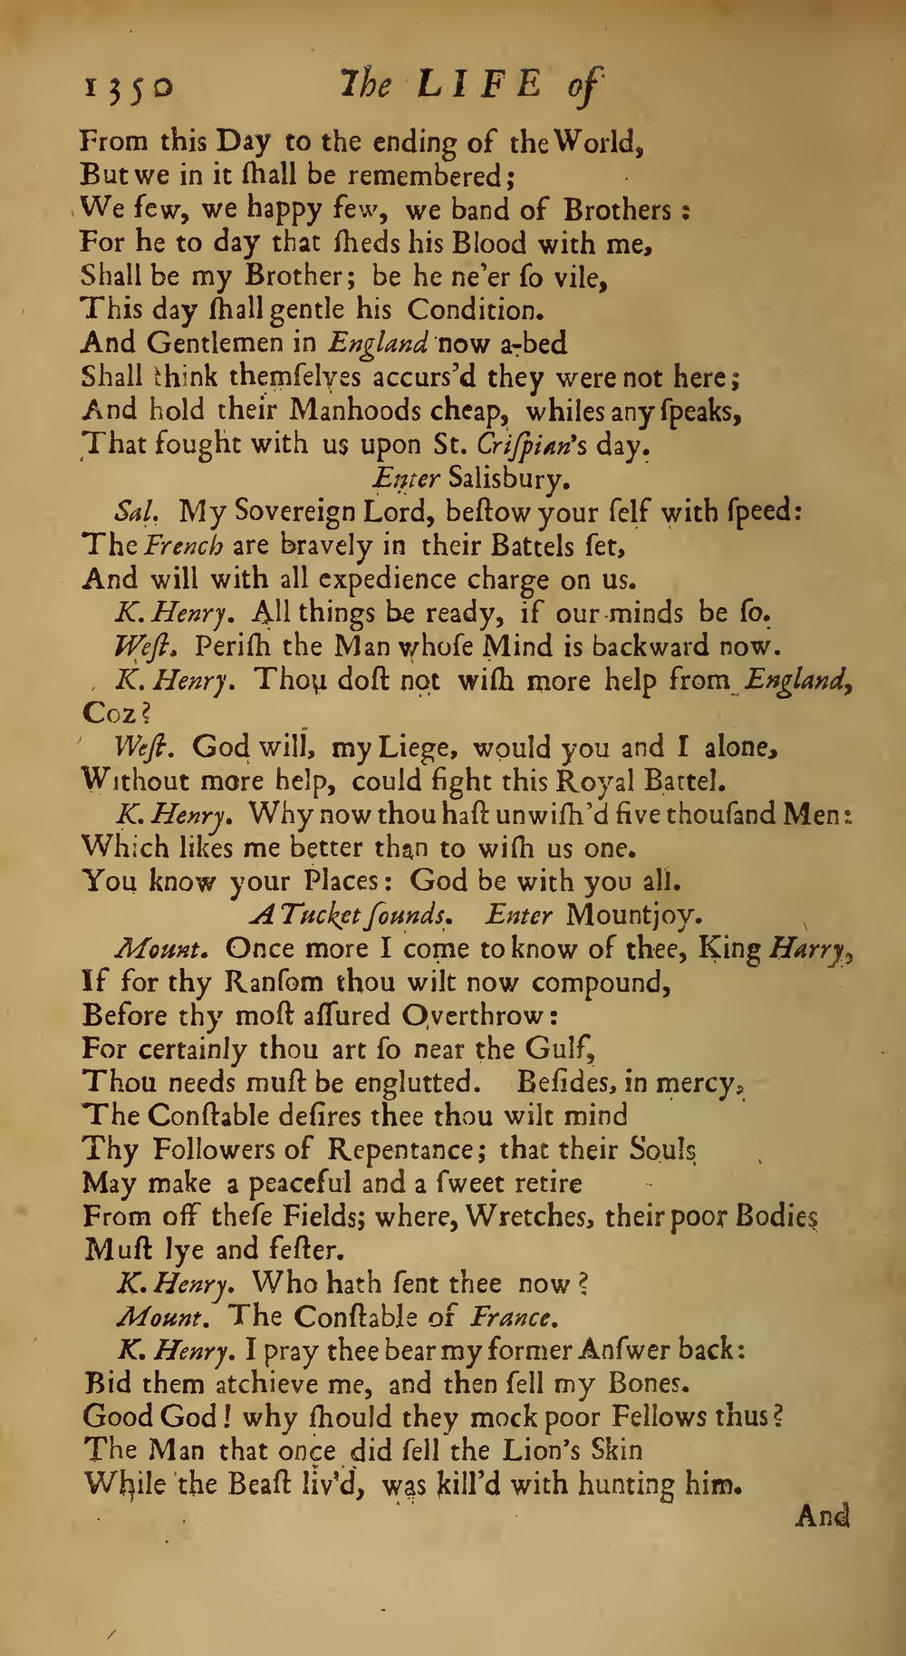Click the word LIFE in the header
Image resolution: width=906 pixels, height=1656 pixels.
point(469,86)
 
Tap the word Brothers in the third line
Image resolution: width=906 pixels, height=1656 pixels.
point(617,210)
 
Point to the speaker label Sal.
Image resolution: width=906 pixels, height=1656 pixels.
point(139,512)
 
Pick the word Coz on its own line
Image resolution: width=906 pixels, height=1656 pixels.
point(110,713)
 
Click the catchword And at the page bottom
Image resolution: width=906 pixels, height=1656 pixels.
point(822,1516)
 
